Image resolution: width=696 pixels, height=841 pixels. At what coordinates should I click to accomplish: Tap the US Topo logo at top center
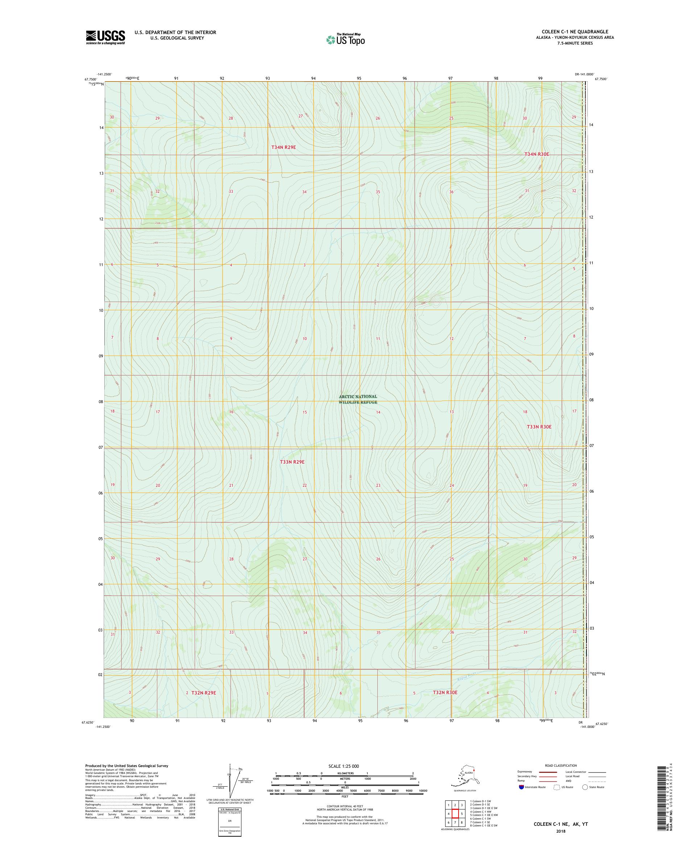tap(345, 39)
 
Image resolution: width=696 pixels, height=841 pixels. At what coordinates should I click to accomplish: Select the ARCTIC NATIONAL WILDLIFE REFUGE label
tap(358, 399)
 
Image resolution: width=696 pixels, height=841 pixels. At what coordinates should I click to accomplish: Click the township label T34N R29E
tap(283, 148)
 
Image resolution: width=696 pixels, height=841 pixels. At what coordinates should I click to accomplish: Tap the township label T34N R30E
tap(536, 154)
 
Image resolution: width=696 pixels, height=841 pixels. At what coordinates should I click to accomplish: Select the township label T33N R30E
tap(539, 427)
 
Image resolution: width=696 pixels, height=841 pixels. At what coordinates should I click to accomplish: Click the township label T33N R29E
tap(292, 462)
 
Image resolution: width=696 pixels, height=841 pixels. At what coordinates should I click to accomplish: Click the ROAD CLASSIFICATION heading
tap(561, 765)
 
